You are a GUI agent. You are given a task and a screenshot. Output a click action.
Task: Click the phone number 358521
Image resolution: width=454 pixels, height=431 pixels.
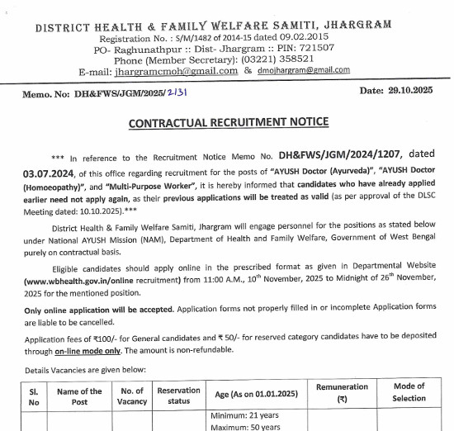286,59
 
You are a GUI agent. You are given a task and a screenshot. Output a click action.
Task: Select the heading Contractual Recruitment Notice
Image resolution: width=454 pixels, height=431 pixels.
228,123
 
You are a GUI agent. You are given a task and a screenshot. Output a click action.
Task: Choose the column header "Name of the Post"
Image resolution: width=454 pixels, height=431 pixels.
79,396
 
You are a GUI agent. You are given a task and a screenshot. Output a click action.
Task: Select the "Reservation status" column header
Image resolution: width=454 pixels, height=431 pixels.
179,396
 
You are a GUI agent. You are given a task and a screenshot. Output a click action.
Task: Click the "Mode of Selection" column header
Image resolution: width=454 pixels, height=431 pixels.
409,393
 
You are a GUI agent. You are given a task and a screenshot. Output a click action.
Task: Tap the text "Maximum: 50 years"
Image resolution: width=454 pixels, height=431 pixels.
246,426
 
